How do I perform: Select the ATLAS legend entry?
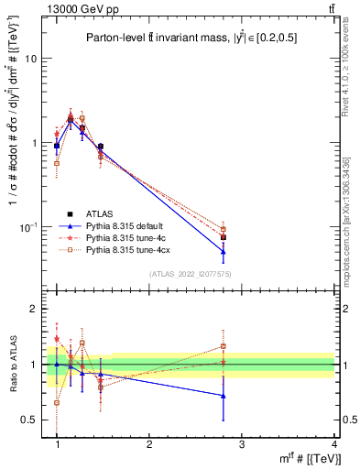coord(101,213)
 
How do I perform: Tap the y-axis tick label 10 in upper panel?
coord(29,59)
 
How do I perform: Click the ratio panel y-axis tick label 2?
coord(32,310)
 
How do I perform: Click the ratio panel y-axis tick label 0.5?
coord(27,420)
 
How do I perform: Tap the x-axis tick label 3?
coord(242,444)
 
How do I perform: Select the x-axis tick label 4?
coord(334,444)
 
